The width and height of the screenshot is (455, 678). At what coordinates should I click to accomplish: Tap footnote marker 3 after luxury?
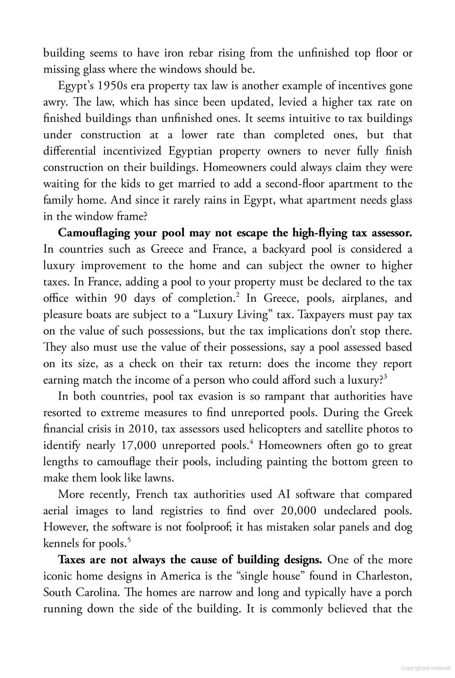(386, 377)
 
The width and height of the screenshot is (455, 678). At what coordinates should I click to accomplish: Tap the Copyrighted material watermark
(425, 668)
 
